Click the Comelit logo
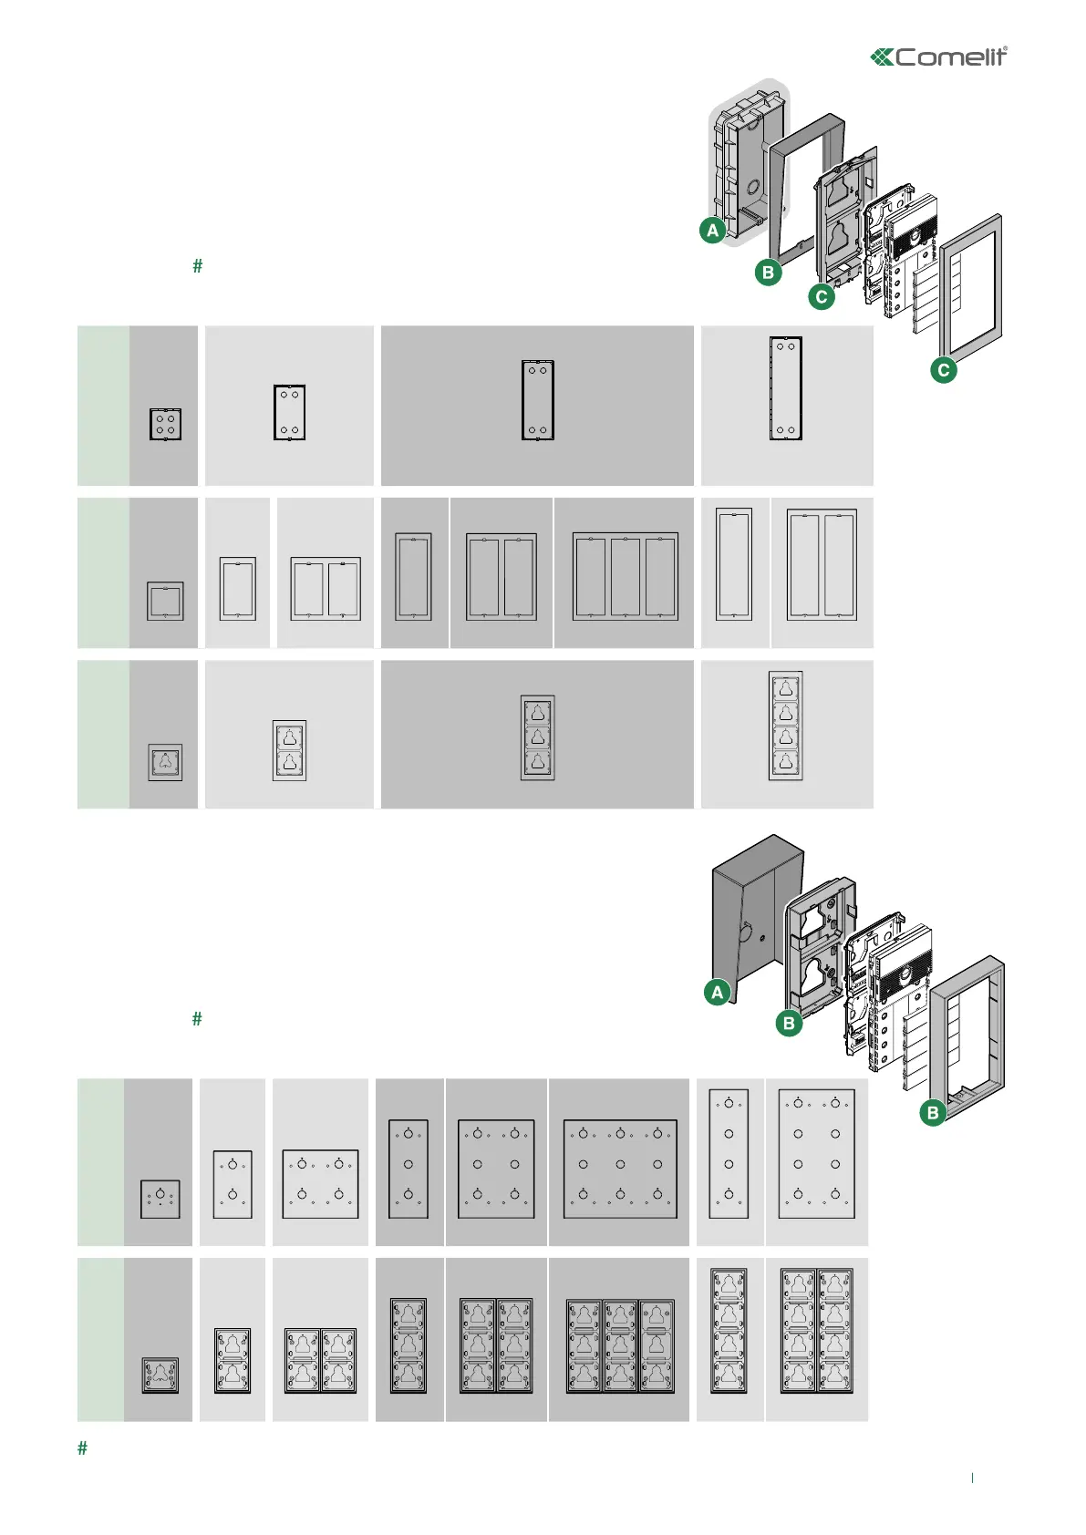pos(938,57)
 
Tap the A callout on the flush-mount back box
pos(713,230)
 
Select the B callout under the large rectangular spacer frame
pos(768,272)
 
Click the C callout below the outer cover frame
pos(943,370)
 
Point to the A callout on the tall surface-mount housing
pos(718,992)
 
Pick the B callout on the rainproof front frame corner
pos(932,1112)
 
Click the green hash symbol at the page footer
pos(83,1448)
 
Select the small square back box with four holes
pos(165,424)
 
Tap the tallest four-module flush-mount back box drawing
pos(786,388)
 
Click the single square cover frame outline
pos(165,602)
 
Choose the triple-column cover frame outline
pos(625,576)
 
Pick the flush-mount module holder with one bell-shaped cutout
pos(165,762)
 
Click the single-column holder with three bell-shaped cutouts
pos(537,737)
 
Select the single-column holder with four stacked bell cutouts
pos(786,726)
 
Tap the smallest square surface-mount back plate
pos(160,1199)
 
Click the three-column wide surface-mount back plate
pos(620,1169)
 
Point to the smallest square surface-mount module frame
pos(160,1375)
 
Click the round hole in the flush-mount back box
pos(753,190)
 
